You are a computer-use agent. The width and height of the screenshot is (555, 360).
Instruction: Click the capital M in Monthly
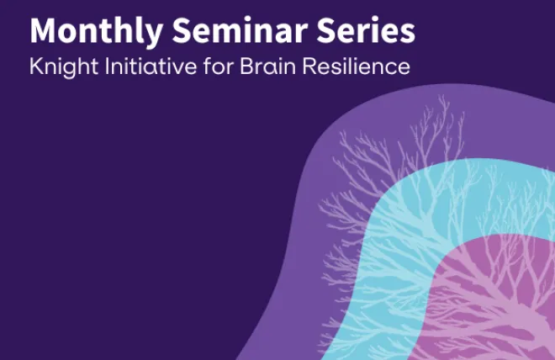tap(44, 31)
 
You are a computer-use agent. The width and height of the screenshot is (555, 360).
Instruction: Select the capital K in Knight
tap(35, 67)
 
